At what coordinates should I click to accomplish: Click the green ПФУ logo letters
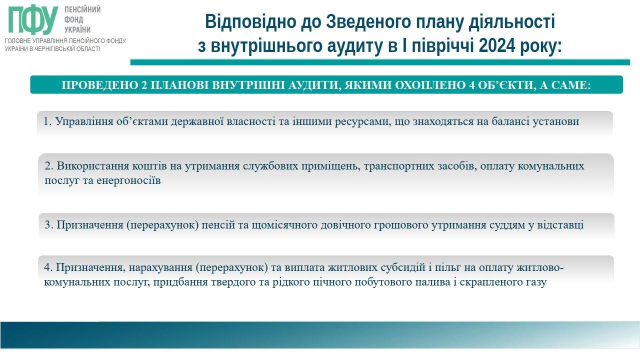[33, 19]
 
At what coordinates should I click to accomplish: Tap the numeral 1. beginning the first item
[47, 121]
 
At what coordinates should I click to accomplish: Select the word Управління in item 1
[84, 121]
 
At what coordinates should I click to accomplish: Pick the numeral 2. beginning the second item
[49, 166]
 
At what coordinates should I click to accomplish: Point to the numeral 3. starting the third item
[49, 225]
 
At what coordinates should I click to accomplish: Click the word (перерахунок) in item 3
[162, 225]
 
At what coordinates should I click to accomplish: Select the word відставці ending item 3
[560, 225]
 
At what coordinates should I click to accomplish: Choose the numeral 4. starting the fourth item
[48, 267]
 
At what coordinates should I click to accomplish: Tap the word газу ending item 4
[536, 282]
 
